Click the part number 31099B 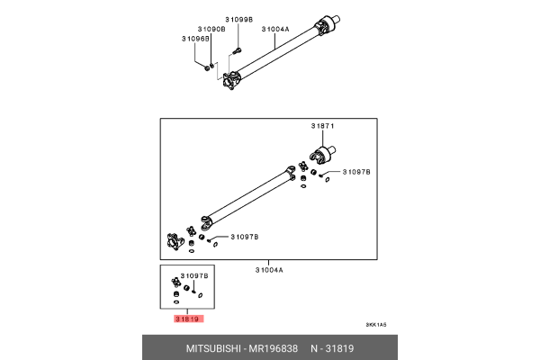[x=239, y=19]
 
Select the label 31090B [x=212, y=29]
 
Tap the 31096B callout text [x=195, y=39]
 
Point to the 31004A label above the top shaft [x=275, y=29]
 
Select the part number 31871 [x=323, y=127]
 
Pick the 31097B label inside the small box [x=194, y=275]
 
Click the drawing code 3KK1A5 [x=375, y=325]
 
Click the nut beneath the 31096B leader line [x=209, y=67]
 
